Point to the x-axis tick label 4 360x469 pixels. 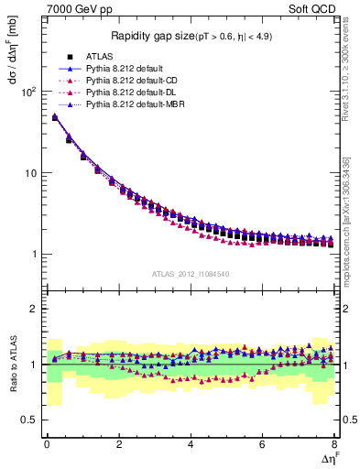click(191, 445)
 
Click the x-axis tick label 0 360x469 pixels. click(47, 445)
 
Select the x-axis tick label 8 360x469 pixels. click(334, 445)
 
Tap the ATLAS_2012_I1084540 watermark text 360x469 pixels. click(191, 273)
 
